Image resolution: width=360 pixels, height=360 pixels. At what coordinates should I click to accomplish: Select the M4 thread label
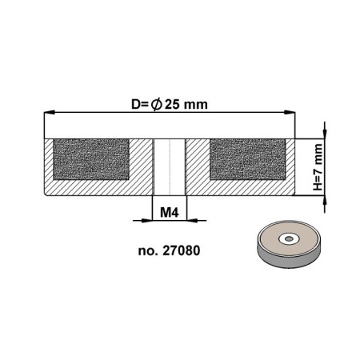[169, 212]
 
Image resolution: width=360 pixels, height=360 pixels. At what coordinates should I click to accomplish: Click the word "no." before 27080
[147, 250]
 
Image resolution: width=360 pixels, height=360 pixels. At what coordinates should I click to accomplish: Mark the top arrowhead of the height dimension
[326, 132]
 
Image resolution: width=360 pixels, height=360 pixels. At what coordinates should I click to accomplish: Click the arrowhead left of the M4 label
[146, 220]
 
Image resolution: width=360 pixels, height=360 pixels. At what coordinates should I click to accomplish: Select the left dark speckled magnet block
[91, 158]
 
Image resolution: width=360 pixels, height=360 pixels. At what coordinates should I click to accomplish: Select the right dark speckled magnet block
[247, 158]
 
